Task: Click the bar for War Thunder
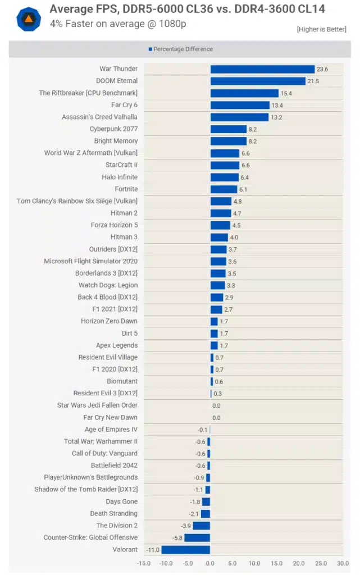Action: [262, 69]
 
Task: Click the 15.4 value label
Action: [287, 93]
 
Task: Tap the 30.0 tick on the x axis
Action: [343, 563]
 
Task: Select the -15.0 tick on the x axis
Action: [144, 563]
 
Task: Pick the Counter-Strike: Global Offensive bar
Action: [197, 538]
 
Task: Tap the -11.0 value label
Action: [153, 550]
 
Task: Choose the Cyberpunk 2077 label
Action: [113, 129]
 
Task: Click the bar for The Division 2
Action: [201, 526]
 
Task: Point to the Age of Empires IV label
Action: [111, 430]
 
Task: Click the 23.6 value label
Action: [322, 70]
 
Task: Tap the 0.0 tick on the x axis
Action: [210, 563]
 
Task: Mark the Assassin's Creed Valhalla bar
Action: [239, 117]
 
